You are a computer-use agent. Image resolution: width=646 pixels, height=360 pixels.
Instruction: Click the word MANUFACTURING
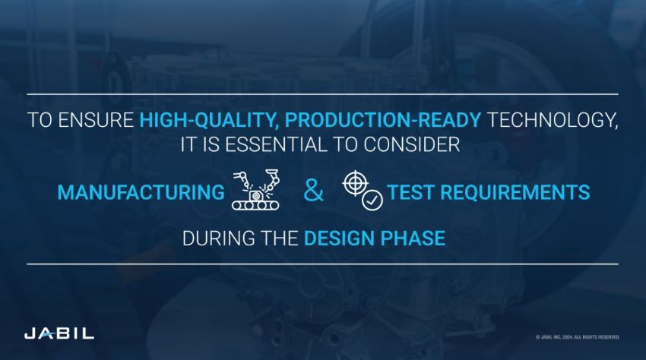click(136, 193)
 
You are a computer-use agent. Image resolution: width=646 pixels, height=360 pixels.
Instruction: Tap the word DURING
click(212, 238)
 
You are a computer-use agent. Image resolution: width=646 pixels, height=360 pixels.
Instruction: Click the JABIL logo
click(59, 333)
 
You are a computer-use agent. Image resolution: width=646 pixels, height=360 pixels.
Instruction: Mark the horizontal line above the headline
click(323, 94)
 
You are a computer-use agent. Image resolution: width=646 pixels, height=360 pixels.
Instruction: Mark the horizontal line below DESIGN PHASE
click(323, 264)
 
